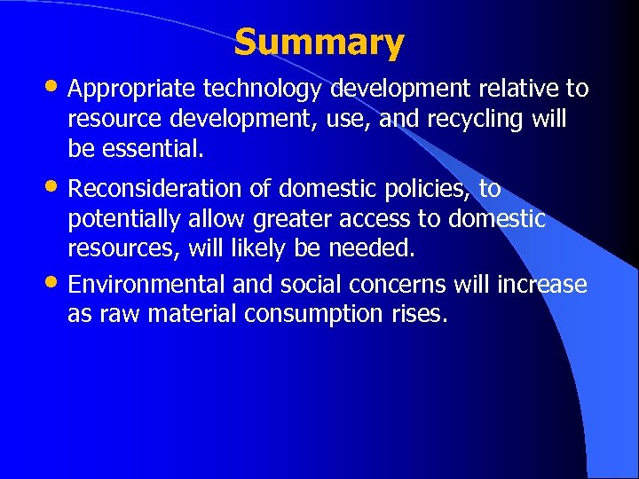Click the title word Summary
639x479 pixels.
click(319, 42)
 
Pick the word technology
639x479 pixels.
click(264, 89)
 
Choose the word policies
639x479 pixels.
click(429, 189)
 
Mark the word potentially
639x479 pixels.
click(125, 219)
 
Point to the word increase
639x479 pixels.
click(543, 285)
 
